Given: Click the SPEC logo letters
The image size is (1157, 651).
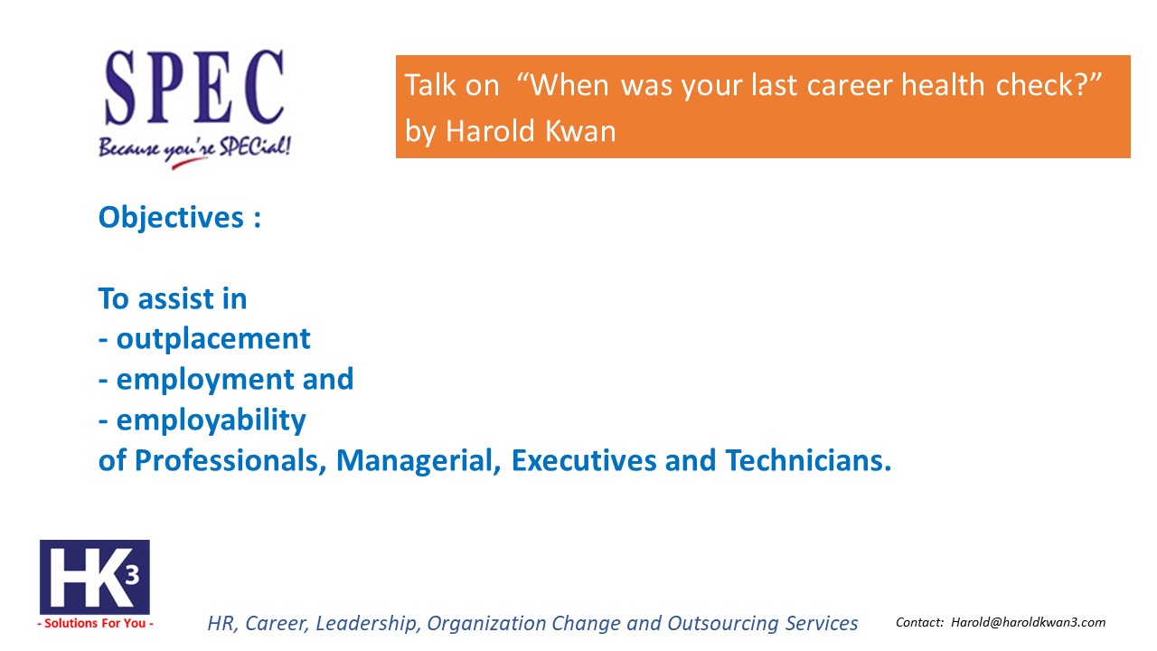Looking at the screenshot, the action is [194, 87].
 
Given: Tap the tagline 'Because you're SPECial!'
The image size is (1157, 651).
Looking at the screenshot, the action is [194, 151].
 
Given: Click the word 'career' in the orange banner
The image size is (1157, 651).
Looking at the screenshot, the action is [849, 85].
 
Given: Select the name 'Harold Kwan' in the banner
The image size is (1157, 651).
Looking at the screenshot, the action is [531, 131].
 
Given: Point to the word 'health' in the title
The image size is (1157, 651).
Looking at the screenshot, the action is [943, 84].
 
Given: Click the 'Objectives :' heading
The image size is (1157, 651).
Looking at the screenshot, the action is [179, 218].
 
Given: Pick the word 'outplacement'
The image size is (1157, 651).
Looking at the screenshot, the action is [212, 340].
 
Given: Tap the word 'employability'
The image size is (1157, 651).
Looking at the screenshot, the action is [211, 420].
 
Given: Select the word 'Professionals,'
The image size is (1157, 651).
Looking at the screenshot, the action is [230, 460].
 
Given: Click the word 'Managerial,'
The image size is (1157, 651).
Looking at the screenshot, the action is [419, 460].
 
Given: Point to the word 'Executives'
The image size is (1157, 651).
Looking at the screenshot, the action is [583, 460].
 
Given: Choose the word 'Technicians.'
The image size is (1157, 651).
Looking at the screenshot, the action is [808, 460].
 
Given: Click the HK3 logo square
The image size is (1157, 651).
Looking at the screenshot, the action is [95, 577].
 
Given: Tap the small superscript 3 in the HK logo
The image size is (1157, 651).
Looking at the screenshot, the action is [132, 575].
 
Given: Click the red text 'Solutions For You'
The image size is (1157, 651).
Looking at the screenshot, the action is [95, 624].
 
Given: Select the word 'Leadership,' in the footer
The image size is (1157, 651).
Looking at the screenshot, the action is [366, 624].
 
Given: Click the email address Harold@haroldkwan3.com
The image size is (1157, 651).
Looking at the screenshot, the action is [1028, 623].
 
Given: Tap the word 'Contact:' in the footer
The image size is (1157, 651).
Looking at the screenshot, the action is [919, 623].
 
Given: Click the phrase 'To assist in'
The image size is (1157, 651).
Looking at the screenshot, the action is [173, 298].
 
